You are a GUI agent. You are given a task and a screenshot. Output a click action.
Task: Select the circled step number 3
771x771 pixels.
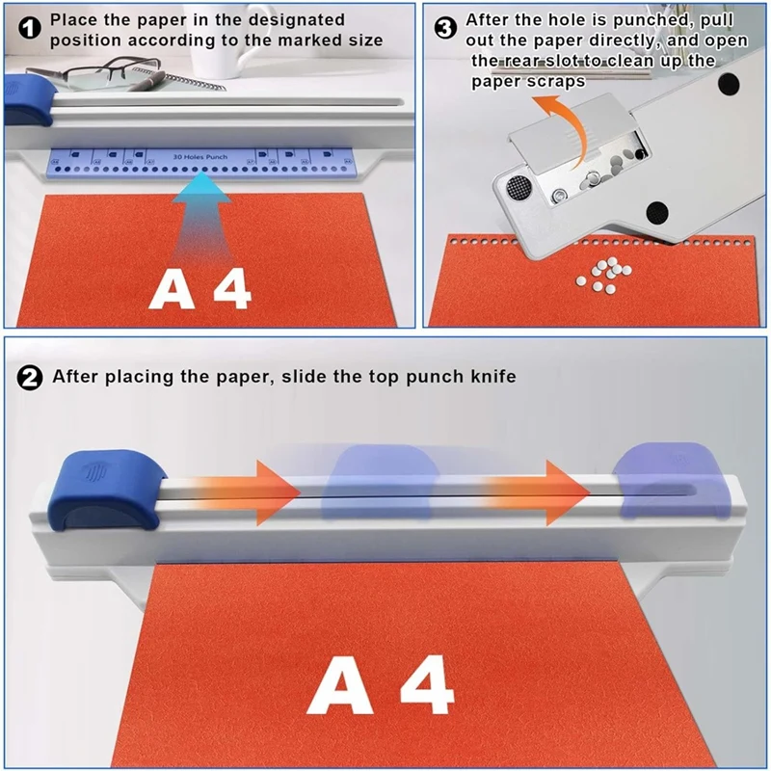[445, 28]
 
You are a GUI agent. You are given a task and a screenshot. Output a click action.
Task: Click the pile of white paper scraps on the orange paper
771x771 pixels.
[601, 276]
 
